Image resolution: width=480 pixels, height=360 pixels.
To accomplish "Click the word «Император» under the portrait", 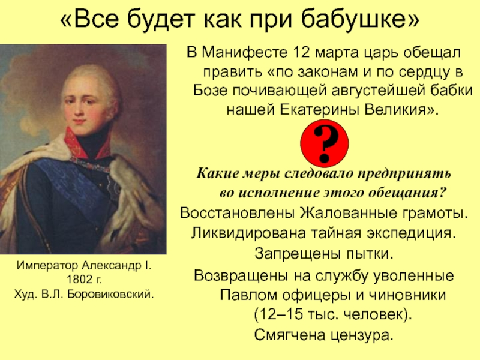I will [46, 265].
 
